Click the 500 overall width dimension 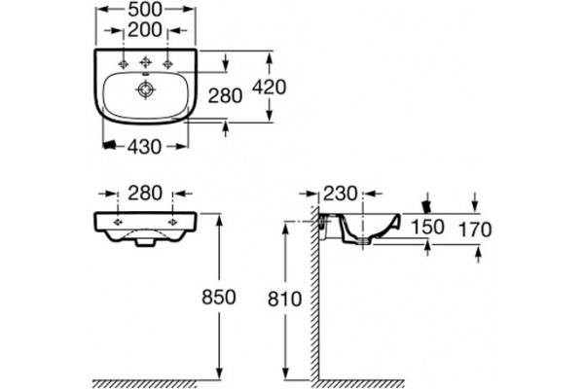click(x=145, y=10)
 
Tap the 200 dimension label click(x=145, y=30)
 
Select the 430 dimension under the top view click(x=144, y=147)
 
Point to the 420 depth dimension click(x=270, y=88)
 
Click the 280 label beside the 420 click(x=225, y=95)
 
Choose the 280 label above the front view click(x=145, y=194)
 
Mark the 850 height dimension click(x=219, y=297)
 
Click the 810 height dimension click(x=284, y=299)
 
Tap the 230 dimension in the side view click(x=340, y=194)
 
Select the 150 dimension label click(x=427, y=227)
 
